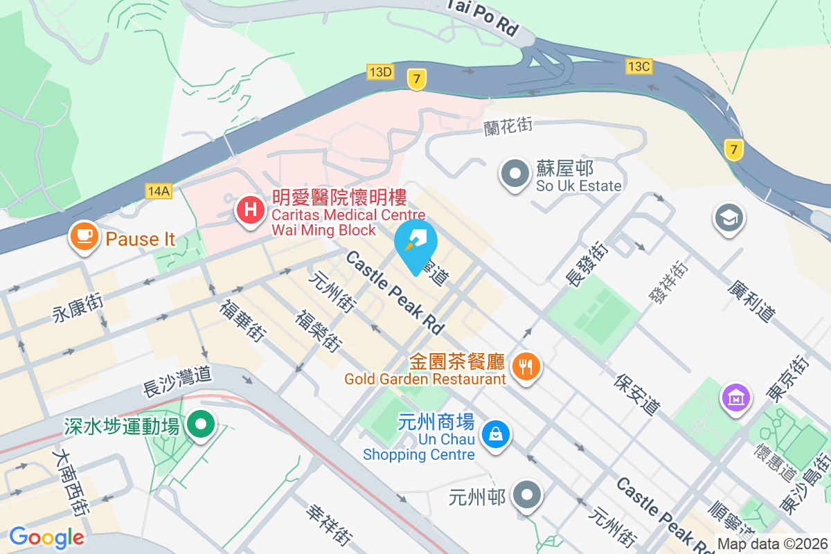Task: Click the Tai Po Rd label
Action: point(483,18)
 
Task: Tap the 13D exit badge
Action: point(380,71)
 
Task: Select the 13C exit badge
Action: point(638,66)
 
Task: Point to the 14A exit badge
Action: point(158,190)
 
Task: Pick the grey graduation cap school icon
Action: point(729,218)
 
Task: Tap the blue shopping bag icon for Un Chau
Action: point(496,434)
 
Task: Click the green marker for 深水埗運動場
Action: point(201,424)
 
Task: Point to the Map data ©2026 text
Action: point(772,544)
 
